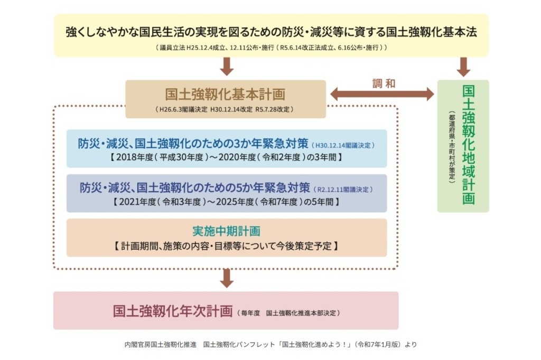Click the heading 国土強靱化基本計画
(x=225, y=94)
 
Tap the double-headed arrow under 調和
(x=382, y=94)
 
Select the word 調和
(x=384, y=83)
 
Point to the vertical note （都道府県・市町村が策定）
(x=452, y=147)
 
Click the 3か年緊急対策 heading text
(x=193, y=144)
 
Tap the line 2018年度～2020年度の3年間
(x=226, y=157)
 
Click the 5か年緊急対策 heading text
(x=195, y=188)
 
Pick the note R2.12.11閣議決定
(x=344, y=189)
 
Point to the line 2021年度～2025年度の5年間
(x=226, y=202)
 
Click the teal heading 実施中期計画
(x=226, y=232)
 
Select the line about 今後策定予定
(x=226, y=245)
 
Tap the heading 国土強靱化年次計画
(x=173, y=311)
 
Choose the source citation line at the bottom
(x=270, y=345)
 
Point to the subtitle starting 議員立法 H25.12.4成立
(x=271, y=48)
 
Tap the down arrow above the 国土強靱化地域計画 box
(x=463, y=67)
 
